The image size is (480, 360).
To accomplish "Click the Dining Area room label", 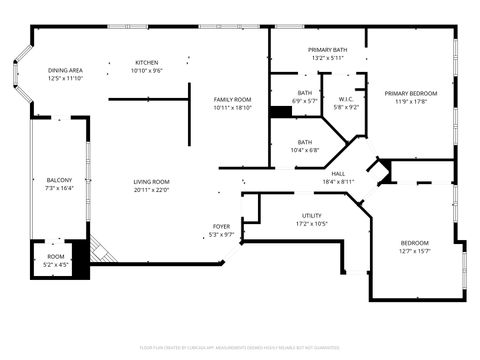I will point(65,70).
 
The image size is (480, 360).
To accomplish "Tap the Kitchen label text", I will point(147,63).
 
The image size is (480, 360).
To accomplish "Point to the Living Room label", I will point(152,181).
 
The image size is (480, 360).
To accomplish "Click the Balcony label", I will point(59,180).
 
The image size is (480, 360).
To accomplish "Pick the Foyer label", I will point(221,226).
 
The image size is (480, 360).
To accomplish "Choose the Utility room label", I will point(312,215).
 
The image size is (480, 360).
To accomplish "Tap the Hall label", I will point(339,173).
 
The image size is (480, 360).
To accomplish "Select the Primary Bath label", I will point(327,50).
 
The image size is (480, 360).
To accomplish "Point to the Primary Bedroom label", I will point(407,93).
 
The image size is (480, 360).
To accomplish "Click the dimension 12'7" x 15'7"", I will point(415,250).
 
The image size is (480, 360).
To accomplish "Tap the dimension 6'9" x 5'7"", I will point(304,100).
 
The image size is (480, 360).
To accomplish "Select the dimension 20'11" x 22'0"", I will point(152,189).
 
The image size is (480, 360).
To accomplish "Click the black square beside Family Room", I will point(280,111).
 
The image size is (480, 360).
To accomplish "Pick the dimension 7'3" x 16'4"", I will point(59,188).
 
